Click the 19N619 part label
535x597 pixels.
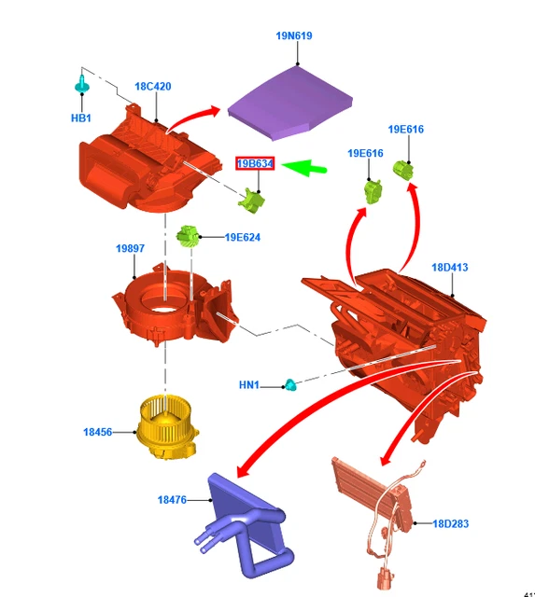pos(294,35)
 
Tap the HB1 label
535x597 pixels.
pos(81,118)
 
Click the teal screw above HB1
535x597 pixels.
pos(81,84)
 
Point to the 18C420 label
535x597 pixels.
pos(153,87)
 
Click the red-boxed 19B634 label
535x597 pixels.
pos(255,164)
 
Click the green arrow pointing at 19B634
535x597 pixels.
pos(304,168)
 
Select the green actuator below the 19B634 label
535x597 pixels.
pos(251,201)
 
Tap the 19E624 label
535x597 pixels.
pos(243,237)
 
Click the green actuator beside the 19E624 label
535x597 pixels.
pos(188,235)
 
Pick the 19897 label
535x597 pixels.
pos(131,248)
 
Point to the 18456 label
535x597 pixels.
pos(98,432)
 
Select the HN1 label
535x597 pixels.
pos(249,385)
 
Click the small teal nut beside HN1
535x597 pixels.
pos(290,385)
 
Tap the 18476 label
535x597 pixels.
pos(172,500)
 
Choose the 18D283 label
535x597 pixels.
pos(451,523)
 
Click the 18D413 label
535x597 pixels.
pos(450,268)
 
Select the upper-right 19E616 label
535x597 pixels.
pos(406,129)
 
